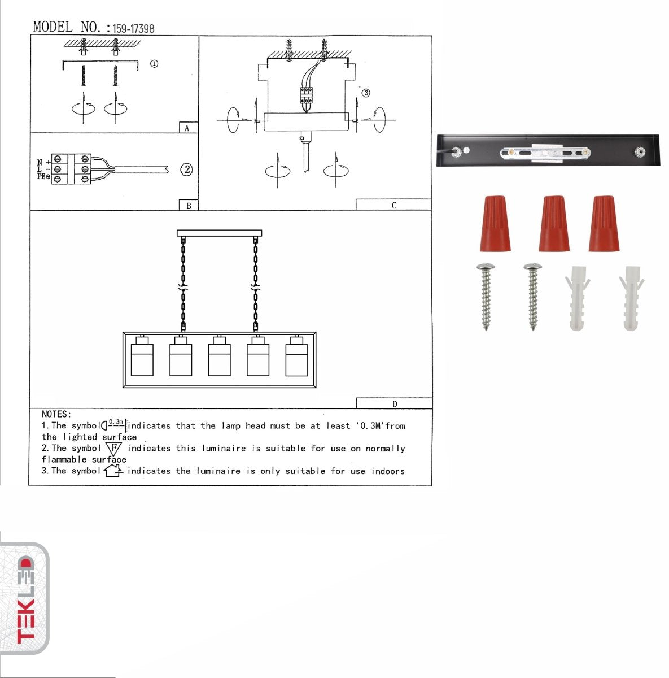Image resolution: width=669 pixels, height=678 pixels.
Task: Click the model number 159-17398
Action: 133,28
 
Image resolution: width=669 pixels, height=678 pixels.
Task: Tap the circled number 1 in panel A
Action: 154,64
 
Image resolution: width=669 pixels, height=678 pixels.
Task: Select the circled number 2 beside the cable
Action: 186,169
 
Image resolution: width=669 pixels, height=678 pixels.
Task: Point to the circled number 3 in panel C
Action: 366,93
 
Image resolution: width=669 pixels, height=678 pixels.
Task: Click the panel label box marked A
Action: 187,128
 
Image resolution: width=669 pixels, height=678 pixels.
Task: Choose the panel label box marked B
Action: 189,206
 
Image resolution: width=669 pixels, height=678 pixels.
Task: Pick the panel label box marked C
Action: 393,205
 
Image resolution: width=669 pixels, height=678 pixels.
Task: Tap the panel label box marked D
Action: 394,403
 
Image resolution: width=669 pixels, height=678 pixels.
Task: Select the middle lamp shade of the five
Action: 219,356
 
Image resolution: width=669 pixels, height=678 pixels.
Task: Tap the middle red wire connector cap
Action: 553,224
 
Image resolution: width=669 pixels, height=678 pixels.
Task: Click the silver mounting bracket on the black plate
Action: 545,151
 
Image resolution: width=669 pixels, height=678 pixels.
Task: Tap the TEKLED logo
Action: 25,599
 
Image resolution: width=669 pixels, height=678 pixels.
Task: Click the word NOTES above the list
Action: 56,414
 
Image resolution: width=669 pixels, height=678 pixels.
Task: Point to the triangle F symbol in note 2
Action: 113,449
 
